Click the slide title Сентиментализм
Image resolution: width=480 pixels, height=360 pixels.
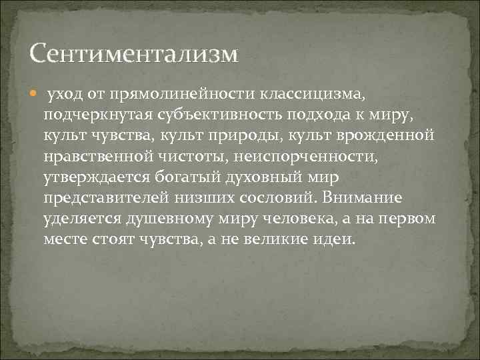(134, 54)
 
